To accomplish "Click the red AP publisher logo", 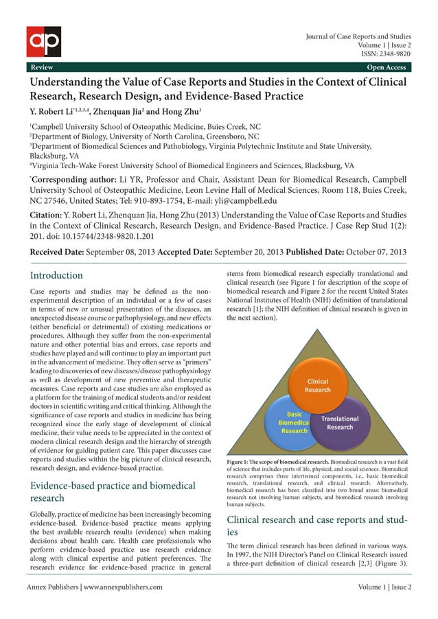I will pos(44,41).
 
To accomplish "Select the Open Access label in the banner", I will pos(387,67).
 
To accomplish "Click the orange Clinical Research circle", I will pos(317,386).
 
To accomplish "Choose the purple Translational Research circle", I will pos(341,423).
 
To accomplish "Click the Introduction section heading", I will pos(57,275).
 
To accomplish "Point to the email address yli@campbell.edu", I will pos(245,201).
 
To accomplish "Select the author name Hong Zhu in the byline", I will pos(181,111).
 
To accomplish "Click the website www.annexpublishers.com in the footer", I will pos(123,587).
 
